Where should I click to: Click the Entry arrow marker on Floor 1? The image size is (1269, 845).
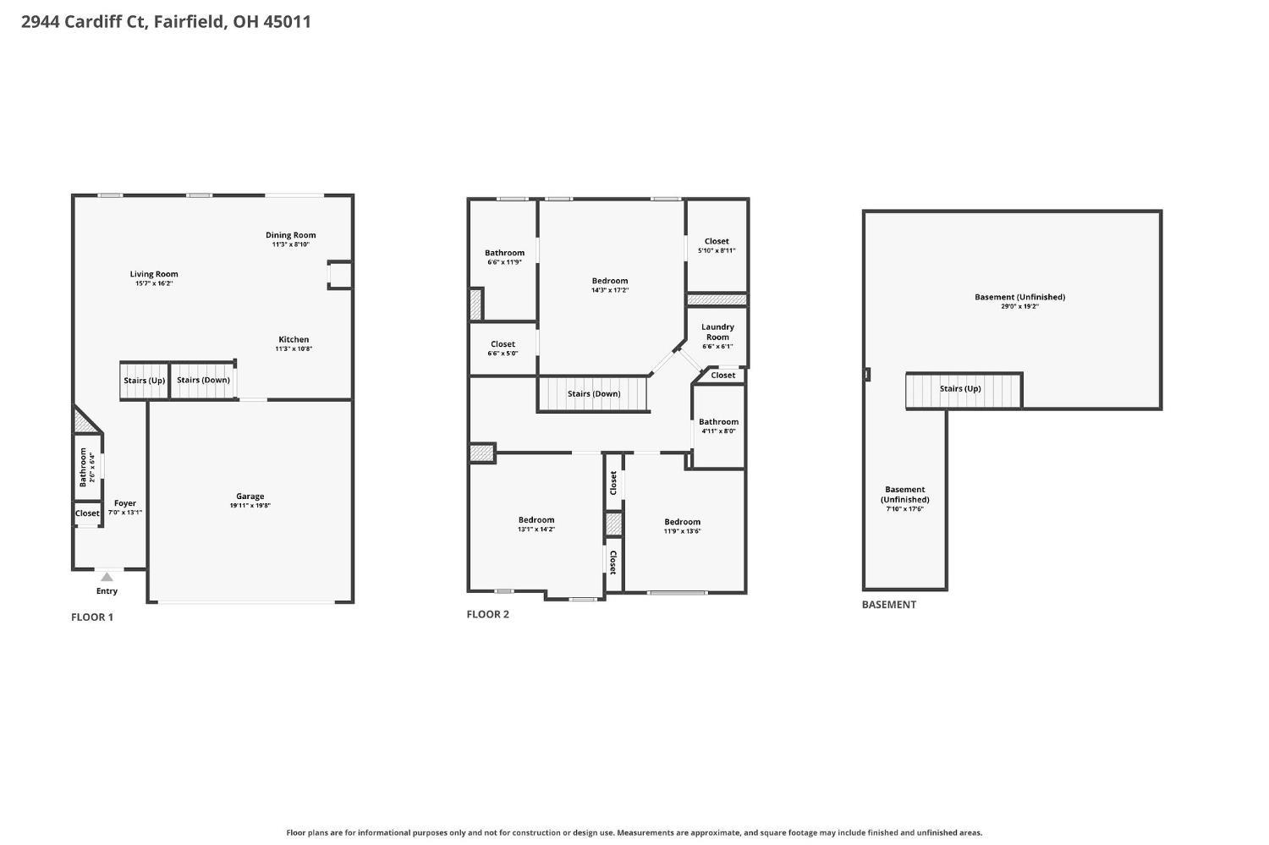(x=107, y=577)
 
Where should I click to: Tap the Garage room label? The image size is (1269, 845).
(x=250, y=497)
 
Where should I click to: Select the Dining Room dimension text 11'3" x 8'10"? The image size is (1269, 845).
(x=291, y=244)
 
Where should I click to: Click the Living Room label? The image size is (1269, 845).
(x=154, y=274)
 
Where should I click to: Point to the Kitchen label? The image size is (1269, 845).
(x=294, y=339)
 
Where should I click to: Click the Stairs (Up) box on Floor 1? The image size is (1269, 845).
(x=145, y=381)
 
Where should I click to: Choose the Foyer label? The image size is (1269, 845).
(x=125, y=503)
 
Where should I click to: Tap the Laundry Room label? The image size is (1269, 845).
(x=717, y=332)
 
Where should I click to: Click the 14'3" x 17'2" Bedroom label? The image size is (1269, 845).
(x=610, y=281)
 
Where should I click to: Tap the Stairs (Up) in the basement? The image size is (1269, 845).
(x=964, y=390)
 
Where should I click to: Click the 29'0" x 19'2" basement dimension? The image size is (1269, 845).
(x=1019, y=306)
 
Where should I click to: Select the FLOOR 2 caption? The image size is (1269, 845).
(x=488, y=614)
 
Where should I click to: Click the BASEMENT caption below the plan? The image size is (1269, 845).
(x=889, y=604)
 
